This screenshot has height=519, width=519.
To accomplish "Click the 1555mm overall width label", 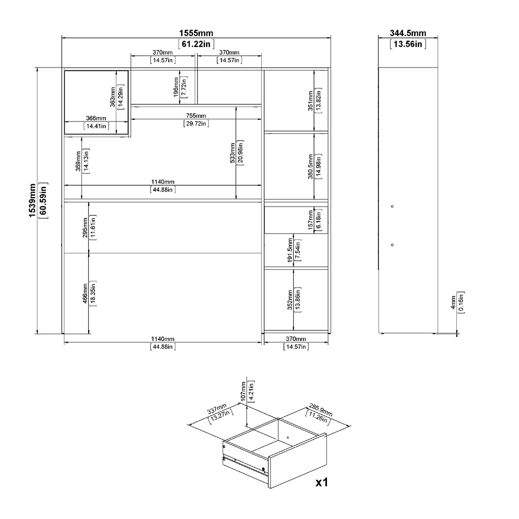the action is [196, 33].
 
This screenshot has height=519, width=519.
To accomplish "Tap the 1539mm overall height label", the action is [32, 200].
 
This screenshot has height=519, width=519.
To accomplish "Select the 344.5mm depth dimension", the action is [408, 33].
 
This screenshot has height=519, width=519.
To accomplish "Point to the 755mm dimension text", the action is [196, 116].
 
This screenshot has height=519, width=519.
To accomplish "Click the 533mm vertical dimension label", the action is [233, 153].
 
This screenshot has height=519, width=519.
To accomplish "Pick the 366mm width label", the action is [96, 118].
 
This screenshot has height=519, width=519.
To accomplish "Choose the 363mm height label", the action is [113, 97].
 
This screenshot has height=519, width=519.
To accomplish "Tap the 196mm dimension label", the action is [176, 87].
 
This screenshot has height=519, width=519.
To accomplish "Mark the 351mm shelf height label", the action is [310, 101].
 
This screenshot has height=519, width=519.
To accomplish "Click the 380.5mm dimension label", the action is [310, 167].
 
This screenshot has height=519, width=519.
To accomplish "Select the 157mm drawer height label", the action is [310, 220].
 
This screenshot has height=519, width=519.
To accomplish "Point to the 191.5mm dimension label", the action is [290, 251].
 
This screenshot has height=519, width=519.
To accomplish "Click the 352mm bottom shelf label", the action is [290, 300].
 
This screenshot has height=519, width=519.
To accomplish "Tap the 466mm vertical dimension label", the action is [85, 293].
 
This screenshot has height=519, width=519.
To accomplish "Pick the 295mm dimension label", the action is [85, 227].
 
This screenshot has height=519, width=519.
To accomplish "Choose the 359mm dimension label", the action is [78, 161].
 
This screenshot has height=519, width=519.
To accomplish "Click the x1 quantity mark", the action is [321, 482].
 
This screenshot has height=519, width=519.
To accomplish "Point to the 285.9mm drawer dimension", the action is [320, 410].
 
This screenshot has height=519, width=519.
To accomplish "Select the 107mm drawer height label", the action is [243, 391].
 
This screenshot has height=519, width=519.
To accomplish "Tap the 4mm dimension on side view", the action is [453, 302].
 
